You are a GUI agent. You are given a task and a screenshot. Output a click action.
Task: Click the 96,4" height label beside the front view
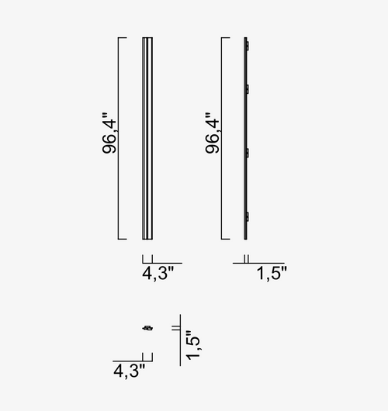tap(109, 133)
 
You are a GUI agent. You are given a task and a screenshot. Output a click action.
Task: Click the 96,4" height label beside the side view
tap(212, 133)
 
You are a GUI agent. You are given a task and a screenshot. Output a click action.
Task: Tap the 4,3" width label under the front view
tap(158, 274)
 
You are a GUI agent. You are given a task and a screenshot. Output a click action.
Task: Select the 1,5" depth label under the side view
tap(272, 274)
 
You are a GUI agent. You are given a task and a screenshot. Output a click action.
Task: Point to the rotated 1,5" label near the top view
tap(192, 345)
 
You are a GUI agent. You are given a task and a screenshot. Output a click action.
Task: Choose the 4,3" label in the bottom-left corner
tap(129, 371)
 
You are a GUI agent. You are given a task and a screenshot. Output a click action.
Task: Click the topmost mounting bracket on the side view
tap(247, 46)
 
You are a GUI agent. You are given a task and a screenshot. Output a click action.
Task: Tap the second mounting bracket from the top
tap(247, 89)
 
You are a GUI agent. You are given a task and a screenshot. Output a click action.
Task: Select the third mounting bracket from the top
tap(247, 153)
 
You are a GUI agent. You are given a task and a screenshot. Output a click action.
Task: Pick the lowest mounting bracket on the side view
tap(247, 217)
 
